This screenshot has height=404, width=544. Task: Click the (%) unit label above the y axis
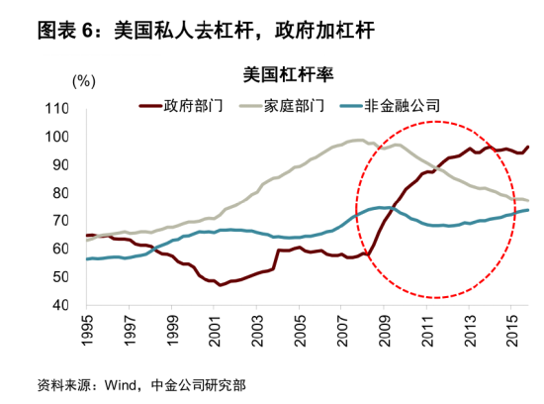coord(84,78)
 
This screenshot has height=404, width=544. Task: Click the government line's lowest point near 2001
coord(222,284)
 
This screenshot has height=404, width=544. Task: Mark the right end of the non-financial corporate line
coord(528,209)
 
